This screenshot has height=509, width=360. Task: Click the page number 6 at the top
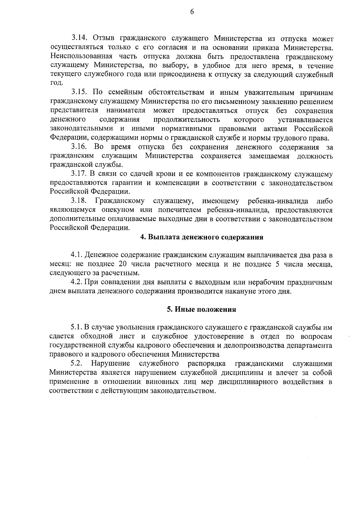point(192,12)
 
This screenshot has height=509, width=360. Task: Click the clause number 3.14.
point(79,38)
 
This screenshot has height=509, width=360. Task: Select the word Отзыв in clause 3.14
point(104,38)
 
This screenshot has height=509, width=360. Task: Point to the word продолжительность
point(187,120)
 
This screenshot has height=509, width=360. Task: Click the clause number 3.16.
point(79,147)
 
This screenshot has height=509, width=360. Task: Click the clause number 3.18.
point(79,201)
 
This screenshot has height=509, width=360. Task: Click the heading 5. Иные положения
point(201,310)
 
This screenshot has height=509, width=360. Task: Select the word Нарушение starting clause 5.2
point(111,364)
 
